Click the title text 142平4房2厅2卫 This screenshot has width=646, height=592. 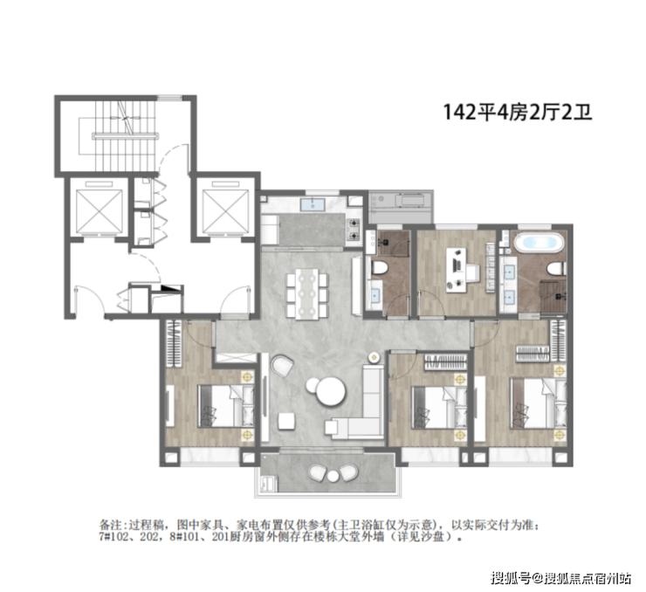[x=518, y=112]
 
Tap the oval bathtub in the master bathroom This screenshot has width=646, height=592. [x=539, y=243]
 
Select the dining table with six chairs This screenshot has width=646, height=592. [x=307, y=293]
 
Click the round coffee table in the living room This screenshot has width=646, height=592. [x=331, y=391]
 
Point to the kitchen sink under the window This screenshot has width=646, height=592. [x=313, y=204]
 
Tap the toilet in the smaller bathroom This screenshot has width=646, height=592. [x=379, y=268]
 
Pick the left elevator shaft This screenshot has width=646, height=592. [x=100, y=210]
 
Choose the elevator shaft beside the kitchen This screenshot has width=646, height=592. [x=225, y=210]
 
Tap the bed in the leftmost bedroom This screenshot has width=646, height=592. [x=226, y=406]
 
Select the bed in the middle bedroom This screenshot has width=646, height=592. [x=439, y=407]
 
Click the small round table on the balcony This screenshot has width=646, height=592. [x=333, y=476]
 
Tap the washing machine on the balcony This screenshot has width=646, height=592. [x=268, y=483]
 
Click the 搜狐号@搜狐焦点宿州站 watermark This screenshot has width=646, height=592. [x=560, y=578]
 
